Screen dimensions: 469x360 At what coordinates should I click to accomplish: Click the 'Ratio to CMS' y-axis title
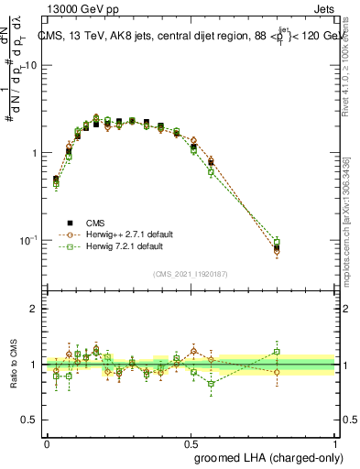tap(14, 364)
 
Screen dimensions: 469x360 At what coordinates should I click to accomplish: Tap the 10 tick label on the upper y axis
tap(30, 66)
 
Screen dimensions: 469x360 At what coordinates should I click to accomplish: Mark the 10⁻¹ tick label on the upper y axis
tap(27, 240)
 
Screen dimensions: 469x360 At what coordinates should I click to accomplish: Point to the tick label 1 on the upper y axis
tap(34, 153)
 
